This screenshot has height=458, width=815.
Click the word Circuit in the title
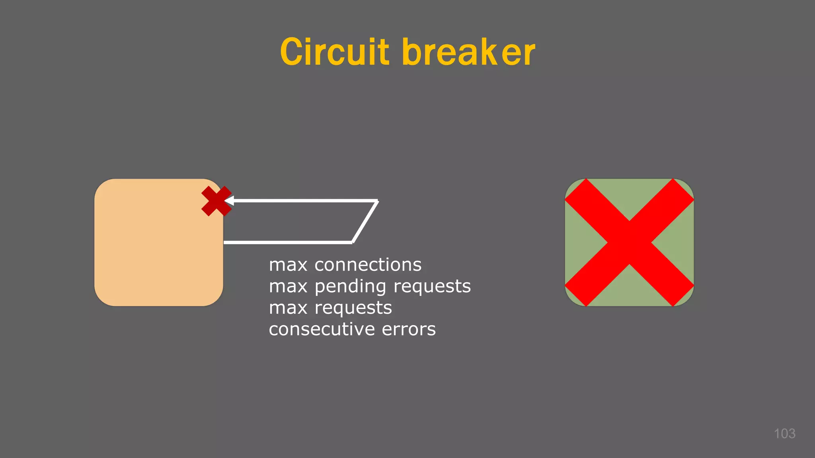coord(334,52)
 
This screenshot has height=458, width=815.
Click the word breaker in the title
coord(469,52)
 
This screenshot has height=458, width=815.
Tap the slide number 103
coord(784,433)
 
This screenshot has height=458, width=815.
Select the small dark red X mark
coord(216,201)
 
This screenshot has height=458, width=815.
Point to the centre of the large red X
coord(629,242)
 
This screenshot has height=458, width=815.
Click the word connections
coord(368,265)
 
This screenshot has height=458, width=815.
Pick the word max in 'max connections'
coord(288,265)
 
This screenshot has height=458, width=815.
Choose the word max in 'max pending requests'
coord(288,286)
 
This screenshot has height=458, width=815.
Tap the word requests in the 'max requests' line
coord(353,308)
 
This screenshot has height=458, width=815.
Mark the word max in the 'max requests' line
coord(288,308)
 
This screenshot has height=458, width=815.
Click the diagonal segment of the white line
coord(365,222)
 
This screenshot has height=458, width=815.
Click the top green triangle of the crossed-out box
coord(629,195)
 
